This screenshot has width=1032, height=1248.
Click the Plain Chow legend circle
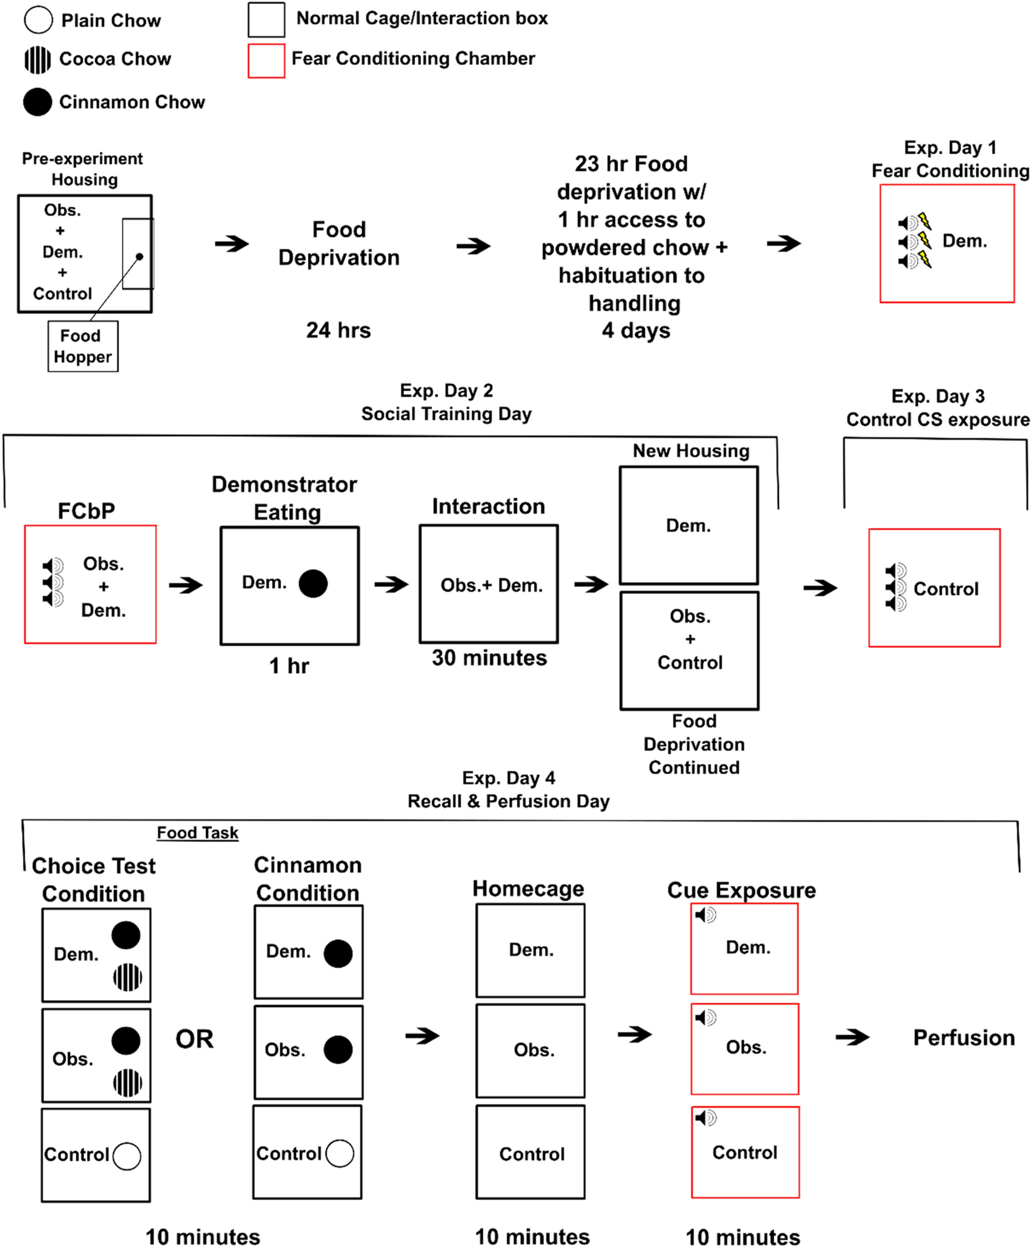tap(38, 20)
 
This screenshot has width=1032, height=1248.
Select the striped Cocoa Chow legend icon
tap(37, 60)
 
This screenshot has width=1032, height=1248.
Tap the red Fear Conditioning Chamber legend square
tap(266, 60)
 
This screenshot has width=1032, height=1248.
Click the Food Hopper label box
tap(83, 346)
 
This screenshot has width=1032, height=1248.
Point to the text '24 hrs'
tap(338, 330)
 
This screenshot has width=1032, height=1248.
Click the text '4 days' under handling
tap(636, 330)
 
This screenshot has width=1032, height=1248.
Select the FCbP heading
tap(86, 511)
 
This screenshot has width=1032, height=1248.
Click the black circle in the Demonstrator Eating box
tap(313, 583)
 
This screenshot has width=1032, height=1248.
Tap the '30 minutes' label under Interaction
tap(489, 658)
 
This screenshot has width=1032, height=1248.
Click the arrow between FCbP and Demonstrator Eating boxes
tap(185, 585)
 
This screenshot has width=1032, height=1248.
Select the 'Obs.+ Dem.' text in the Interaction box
tap(491, 585)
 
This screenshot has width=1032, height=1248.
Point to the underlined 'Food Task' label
tap(198, 832)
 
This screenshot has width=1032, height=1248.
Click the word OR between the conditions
tap(194, 1039)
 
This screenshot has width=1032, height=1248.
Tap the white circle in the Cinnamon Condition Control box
tap(339, 1154)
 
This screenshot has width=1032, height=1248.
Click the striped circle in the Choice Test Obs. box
tap(127, 1082)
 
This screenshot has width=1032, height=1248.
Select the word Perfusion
tap(963, 1038)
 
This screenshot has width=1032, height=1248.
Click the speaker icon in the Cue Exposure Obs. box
tap(705, 1017)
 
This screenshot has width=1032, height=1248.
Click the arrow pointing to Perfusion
tap(852, 1038)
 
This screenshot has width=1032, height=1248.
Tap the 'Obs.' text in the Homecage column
tap(534, 1050)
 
